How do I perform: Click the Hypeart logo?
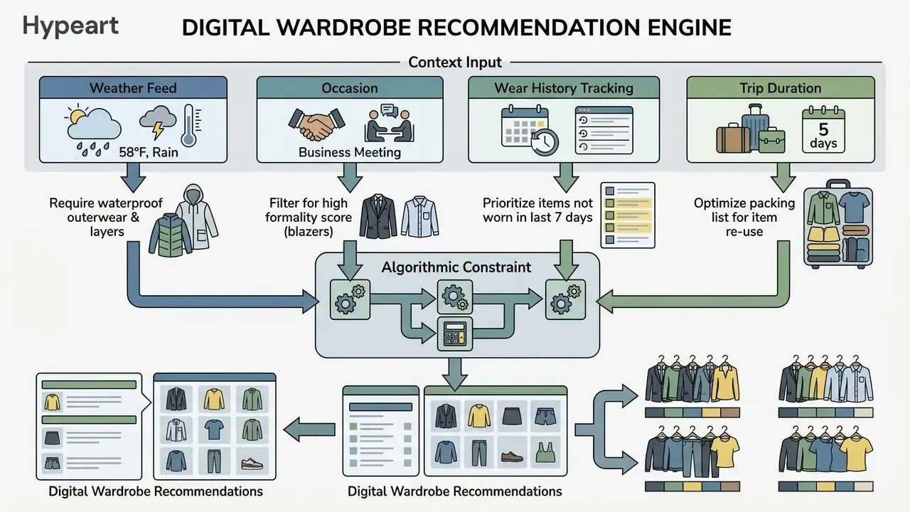70,27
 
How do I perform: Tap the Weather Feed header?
133,87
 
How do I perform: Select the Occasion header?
350,87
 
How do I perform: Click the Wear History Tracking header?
564,87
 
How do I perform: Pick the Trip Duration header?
781,87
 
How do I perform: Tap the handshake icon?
316,124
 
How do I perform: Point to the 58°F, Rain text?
149,152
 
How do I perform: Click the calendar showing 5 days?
823,129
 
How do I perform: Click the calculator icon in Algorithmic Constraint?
455,334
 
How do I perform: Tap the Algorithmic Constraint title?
456,267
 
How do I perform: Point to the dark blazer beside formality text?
378,216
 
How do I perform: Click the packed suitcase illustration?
838,224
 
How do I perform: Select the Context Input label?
455,63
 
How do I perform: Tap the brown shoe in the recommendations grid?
512,456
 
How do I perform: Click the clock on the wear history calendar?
545,142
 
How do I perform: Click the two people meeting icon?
389,124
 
